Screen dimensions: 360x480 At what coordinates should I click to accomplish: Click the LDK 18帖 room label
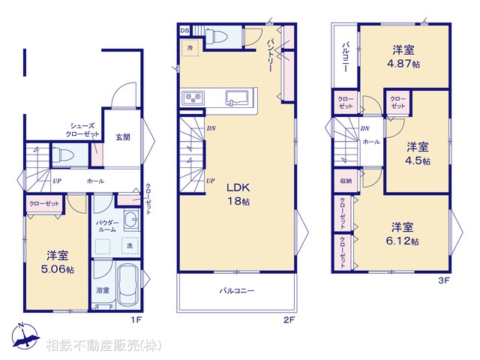238,193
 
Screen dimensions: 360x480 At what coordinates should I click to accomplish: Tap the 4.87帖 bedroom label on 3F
404,58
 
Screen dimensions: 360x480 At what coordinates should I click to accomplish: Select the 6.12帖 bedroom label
403,233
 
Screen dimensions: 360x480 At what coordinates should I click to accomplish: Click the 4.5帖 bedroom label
418,153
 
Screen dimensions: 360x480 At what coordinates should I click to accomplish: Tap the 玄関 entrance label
122,137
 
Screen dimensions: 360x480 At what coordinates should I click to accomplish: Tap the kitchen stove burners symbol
193,98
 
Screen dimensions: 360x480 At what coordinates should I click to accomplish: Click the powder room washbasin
130,220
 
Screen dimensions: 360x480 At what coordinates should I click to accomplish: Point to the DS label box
184,30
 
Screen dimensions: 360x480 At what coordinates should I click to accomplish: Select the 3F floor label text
443,281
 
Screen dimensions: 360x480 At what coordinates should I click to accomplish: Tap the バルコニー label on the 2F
236,290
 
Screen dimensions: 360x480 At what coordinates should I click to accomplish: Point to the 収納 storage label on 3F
345,181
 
